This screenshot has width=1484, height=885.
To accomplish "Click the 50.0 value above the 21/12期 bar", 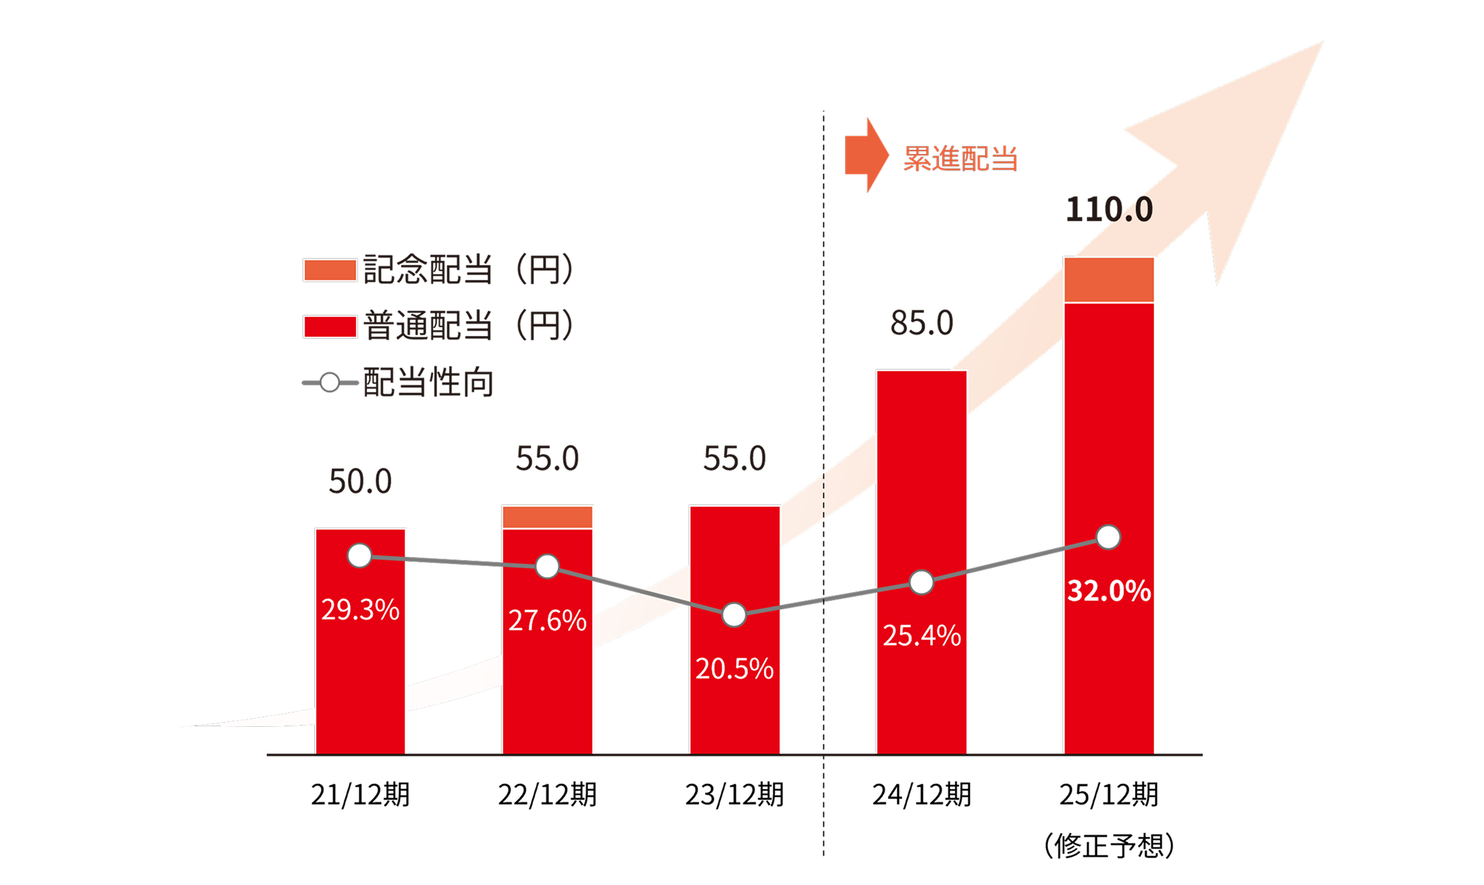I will pyautogui.click(x=360, y=481).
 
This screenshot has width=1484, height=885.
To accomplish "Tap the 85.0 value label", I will pyautogui.click(x=921, y=323).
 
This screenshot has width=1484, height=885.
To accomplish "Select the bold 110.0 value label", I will pyautogui.click(x=1109, y=209).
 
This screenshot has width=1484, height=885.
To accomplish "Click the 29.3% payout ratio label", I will pyautogui.click(x=360, y=609).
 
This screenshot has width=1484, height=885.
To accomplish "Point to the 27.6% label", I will pyautogui.click(x=547, y=621).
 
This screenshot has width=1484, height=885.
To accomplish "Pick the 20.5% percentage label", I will pyautogui.click(x=734, y=669).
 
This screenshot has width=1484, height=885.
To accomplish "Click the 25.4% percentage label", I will pyautogui.click(x=921, y=636).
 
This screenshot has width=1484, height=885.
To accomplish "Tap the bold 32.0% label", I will pyautogui.click(x=1109, y=591).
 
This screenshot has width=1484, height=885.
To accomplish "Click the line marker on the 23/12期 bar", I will pyautogui.click(x=734, y=615).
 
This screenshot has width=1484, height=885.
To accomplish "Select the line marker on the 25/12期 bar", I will pyautogui.click(x=1108, y=537).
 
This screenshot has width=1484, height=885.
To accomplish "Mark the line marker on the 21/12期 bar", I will pyautogui.click(x=359, y=556).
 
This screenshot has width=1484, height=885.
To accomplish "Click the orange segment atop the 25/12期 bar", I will pyautogui.click(x=1109, y=280).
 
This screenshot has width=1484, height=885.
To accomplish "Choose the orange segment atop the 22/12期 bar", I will pyautogui.click(x=547, y=517).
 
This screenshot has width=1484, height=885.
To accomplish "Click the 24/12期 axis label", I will pyautogui.click(x=921, y=795).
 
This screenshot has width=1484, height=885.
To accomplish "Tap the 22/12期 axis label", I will pyautogui.click(x=547, y=795).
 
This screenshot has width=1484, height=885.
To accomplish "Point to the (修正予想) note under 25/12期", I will pyautogui.click(x=1109, y=846).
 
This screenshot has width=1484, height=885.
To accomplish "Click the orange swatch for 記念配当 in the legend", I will pyautogui.click(x=329, y=270).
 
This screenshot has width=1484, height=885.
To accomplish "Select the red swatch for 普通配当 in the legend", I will pyautogui.click(x=329, y=326).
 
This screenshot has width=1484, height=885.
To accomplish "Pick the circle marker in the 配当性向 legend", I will pyautogui.click(x=329, y=383).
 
